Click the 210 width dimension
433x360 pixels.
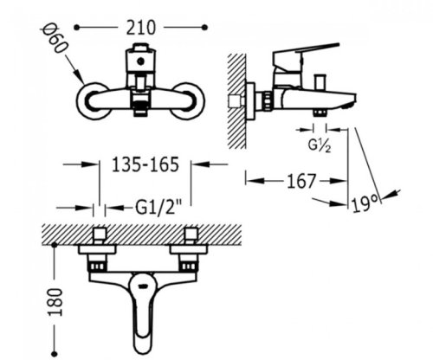click(141, 28)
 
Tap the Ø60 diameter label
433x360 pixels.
click(55, 39)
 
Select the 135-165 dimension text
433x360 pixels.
click(145, 164)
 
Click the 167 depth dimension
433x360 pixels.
click(301, 181)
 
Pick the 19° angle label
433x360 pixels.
click(365, 204)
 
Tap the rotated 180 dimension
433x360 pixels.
click(55, 302)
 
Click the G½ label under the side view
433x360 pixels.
click(320, 145)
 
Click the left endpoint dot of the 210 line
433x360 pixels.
click(76, 28)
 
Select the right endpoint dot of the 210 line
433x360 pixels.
click(204, 28)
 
